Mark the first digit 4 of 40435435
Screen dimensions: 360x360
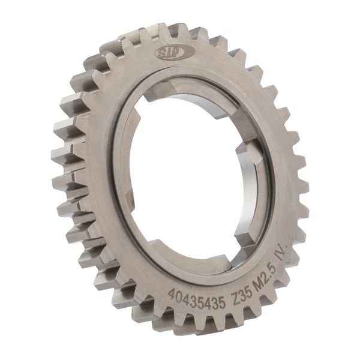[172, 293]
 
